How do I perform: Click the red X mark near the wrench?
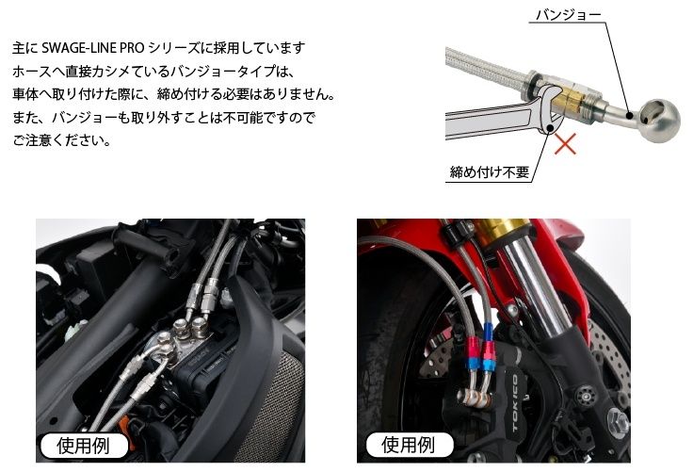(565, 144)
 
